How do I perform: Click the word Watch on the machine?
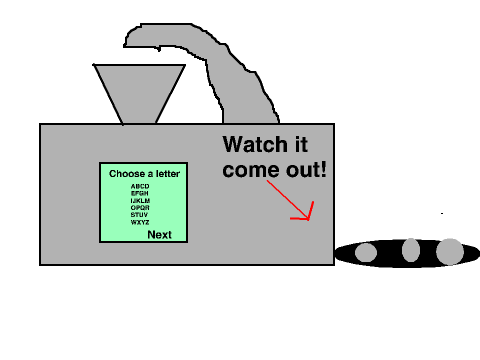pyautogui.click(x=255, y=144)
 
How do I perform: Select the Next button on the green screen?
pyautogui.click(x=159, y=235)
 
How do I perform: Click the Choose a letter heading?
pyautogui.click(x=144, y=174)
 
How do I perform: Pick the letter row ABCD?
pyautogui.click(x=140, y=186)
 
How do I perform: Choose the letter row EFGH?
pyautogui.click(x=140, y=193)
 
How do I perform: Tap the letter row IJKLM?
pyautogui.click(x=140, y=201)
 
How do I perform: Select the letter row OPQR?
pyautogui.click(x=140, y=208)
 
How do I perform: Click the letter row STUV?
pyautogui.click(x=139, y=215)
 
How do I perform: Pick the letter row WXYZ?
pyautogui.click(x=140, y=222)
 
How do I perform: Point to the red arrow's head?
pyautogui.click(x=309, y=219)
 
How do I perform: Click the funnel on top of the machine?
pyautogui.click(x=139, y=90)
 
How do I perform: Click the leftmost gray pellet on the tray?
pyautogui.click(x=366, y=252)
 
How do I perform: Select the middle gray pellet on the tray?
pyautogui.click(x=411, y=250)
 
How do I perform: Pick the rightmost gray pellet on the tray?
pyautogui.click(x=450, y=252)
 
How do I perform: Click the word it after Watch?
pyautogui.click(x=301, y=144)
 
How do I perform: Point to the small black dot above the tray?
pyautogui.click(x=442, y=213)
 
